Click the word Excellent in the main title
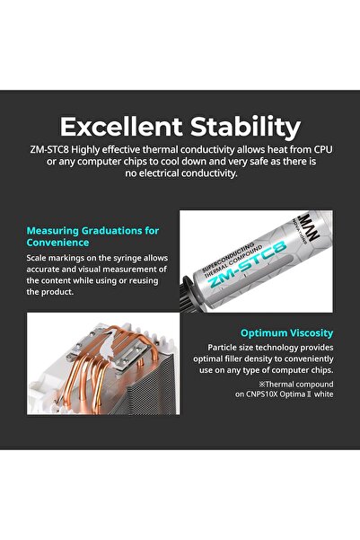[x=121, y=127]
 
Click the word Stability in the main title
[x=245, y=128]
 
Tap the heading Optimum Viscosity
[x=286, y=333]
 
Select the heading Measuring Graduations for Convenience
[x=92, y=236]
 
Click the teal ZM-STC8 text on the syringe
[x=248, y=265]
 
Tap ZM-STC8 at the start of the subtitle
[x=48, y=150]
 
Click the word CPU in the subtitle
[x=323, y=150]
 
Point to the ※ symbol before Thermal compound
[x=262, y=384]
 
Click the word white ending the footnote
[x=323, y=394]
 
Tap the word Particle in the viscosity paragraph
[x=221, y=348]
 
